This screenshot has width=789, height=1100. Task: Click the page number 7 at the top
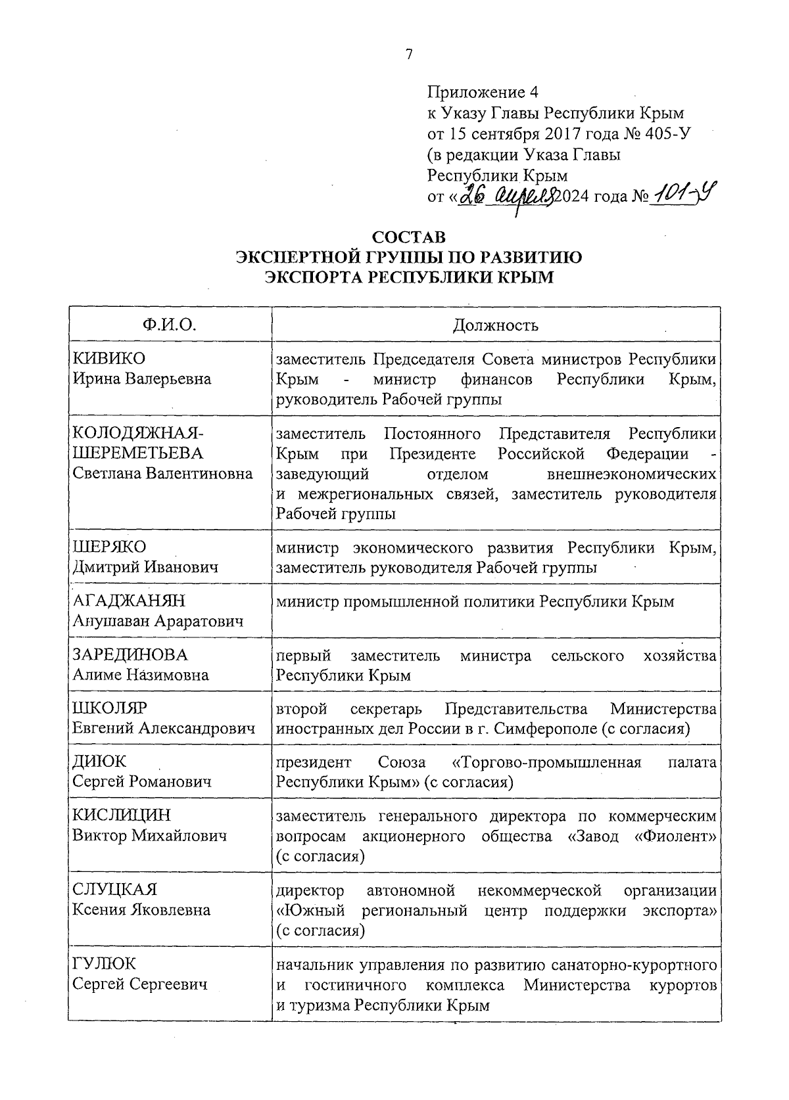[x=409, y=55]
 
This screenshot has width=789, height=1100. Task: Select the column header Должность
[x=496, y=325]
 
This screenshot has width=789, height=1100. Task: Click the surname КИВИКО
[x=109, y=359]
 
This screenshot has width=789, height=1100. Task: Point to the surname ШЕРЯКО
[x=110, y=547]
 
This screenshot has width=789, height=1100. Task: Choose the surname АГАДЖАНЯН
[x=129, y=601]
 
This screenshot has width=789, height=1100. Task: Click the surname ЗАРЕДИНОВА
[x=130, y=654]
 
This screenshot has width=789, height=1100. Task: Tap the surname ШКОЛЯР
[x=110, y=708]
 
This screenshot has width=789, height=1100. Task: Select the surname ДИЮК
[x=99, y=762]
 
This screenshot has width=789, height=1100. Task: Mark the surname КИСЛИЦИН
[x=122, y=815]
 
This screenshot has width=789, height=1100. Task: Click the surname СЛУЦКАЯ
[x=115, y=890]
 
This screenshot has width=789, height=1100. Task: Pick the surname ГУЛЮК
[x=105, y=964]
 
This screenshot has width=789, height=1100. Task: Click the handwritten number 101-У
[x=684, y=194]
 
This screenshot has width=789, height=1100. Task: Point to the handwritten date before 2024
[x=508, y=195]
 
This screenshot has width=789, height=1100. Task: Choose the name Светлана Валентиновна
[x=162, y=474]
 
